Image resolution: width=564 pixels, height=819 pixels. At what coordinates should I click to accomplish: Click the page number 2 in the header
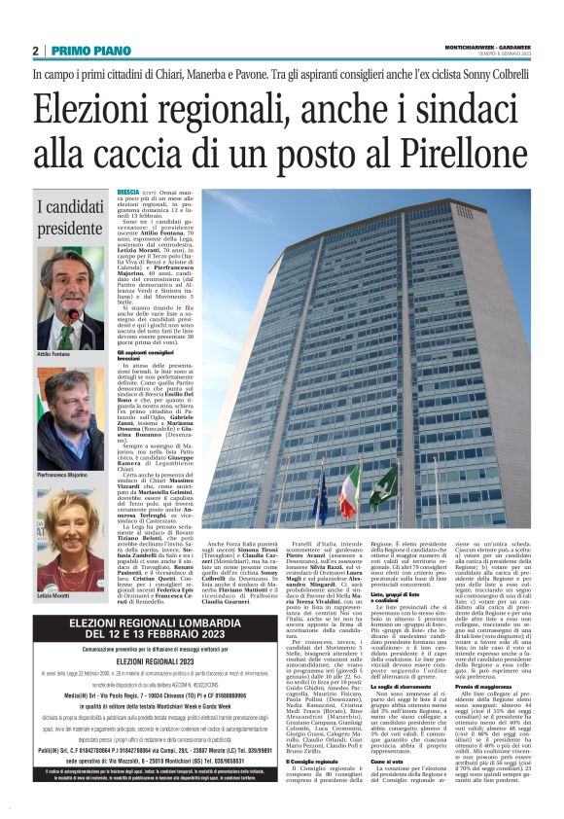pyautogui.click(x=36, y=51)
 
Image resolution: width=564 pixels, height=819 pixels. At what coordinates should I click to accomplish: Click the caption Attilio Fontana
pyautogui.click(x=54, y=356)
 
